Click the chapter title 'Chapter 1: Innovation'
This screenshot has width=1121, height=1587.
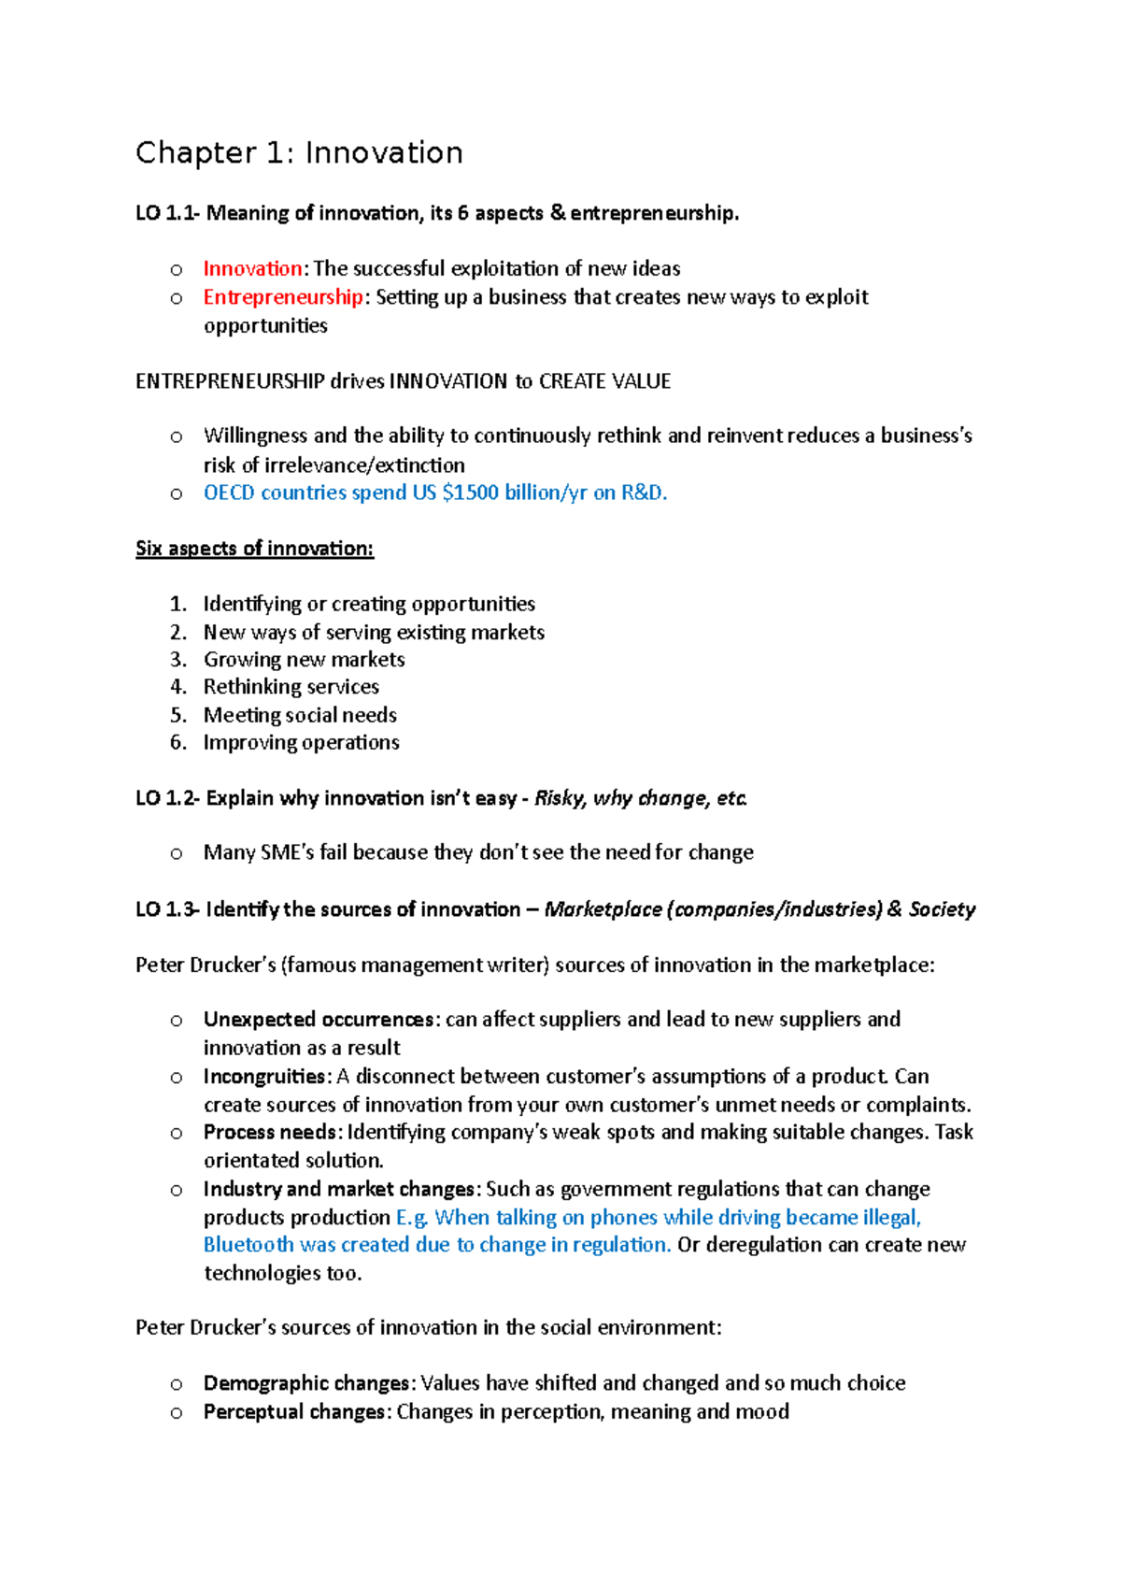point(299,152)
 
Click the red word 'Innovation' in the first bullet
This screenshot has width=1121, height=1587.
point(252,269)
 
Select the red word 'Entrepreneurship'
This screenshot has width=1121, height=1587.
point(283,297)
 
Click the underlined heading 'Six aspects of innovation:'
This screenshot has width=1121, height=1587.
point(254,549)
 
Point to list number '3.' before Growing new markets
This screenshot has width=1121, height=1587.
point(177,660)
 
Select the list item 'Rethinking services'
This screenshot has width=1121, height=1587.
point(291,687)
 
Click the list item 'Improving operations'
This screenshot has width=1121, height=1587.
point(302,742)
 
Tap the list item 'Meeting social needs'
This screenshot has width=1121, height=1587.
point(300,715)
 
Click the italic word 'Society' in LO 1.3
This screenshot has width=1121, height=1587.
point(942,909)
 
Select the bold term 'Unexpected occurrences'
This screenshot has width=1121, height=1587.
point(319,1020)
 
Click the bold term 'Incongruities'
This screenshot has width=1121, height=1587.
point(265,1077)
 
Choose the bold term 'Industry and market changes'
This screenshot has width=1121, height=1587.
point(339,1190)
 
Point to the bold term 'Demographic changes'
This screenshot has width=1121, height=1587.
point(306,1383)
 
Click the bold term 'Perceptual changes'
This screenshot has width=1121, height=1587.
point(294,1411)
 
